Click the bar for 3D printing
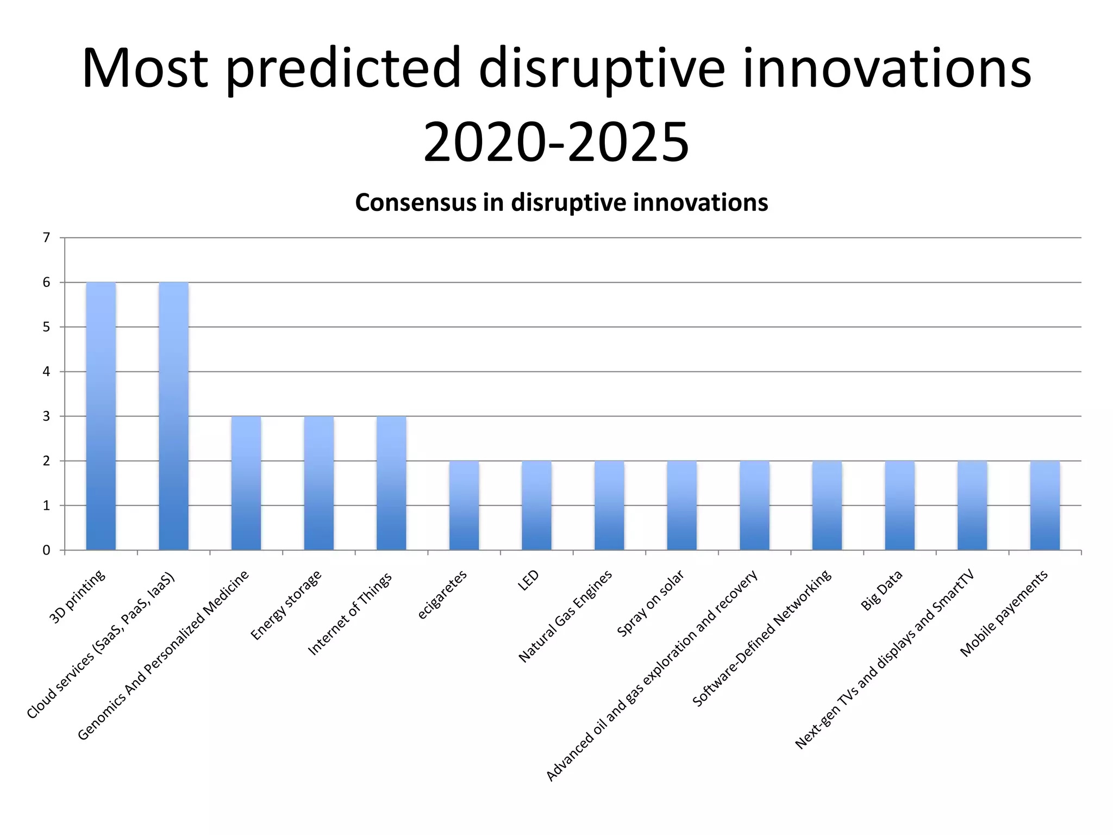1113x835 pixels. [101, 416]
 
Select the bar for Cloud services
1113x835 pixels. [173, 416]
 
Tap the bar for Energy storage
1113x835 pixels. [319, 483]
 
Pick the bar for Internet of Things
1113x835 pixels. [391, 483]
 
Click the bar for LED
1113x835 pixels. [536, 506]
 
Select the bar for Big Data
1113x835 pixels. [899, 506]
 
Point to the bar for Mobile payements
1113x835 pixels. [1045, 506]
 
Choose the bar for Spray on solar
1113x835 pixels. [682, 506]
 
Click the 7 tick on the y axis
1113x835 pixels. [46, 238]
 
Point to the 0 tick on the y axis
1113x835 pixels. [46, 550]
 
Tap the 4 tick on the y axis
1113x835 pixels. [46, 372]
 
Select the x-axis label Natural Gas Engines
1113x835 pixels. [565, 616]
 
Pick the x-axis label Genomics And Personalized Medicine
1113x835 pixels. [163, 655]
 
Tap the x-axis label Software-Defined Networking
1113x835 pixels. [761, 638]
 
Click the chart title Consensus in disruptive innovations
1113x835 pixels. [561, 203]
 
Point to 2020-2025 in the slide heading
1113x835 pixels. [556, 142]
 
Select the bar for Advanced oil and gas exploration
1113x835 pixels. [754, 506]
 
